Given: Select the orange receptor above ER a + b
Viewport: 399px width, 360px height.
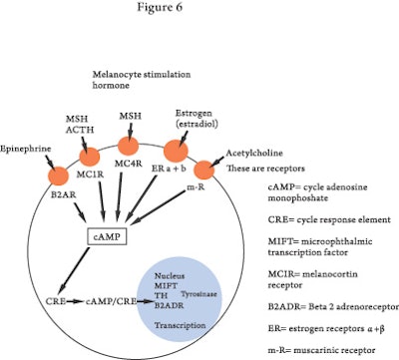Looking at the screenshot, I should coord(175,149).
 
